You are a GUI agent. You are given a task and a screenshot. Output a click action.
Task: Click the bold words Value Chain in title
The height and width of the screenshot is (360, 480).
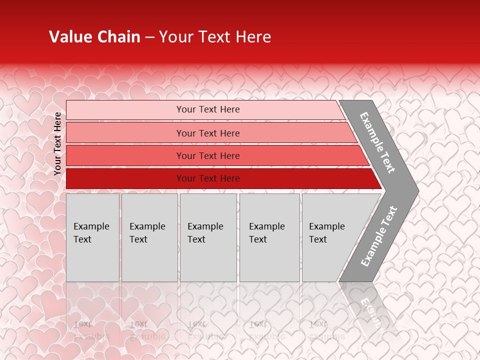(94, 37)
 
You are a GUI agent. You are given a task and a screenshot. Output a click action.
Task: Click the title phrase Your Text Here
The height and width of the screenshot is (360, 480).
(215, 37)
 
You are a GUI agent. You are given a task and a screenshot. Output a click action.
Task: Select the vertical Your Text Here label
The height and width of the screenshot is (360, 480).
(57, 143)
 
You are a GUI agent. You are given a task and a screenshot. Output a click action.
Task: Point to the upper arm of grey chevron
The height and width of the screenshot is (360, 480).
(377, 142)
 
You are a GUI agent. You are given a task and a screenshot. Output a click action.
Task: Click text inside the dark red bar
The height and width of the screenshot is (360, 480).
(208, 178)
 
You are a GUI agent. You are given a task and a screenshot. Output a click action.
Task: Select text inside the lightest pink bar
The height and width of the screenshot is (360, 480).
(208, 109)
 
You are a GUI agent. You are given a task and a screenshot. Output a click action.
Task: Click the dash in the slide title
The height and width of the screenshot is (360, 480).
(149, 37)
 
